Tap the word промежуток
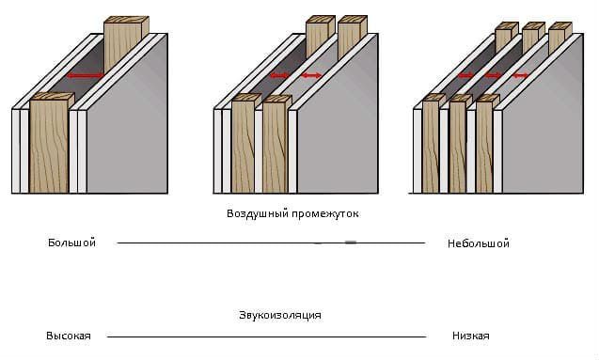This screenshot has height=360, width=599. (325, 213)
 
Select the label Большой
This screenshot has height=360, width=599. (71, 243)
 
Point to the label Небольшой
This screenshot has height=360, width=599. (479, 243)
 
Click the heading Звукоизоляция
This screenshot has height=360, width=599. (280, 315)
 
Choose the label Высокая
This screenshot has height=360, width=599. (69, 336)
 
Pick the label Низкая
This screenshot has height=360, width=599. (470, 336)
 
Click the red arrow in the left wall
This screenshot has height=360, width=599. (85, 76)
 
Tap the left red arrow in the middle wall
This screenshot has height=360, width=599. (280, 75)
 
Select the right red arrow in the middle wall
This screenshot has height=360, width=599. (311, 75)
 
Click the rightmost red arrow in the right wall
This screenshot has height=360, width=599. (520, 75)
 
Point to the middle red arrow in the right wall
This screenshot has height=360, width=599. (493, 75)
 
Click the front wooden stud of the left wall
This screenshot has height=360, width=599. (50, 145)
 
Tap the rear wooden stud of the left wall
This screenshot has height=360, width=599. (123, 42)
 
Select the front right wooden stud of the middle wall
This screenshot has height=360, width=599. (276, 145)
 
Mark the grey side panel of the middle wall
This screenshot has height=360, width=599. (338, 126)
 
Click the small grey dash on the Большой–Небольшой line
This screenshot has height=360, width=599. (351, 242)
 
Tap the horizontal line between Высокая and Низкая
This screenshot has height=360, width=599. (267, 337)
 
